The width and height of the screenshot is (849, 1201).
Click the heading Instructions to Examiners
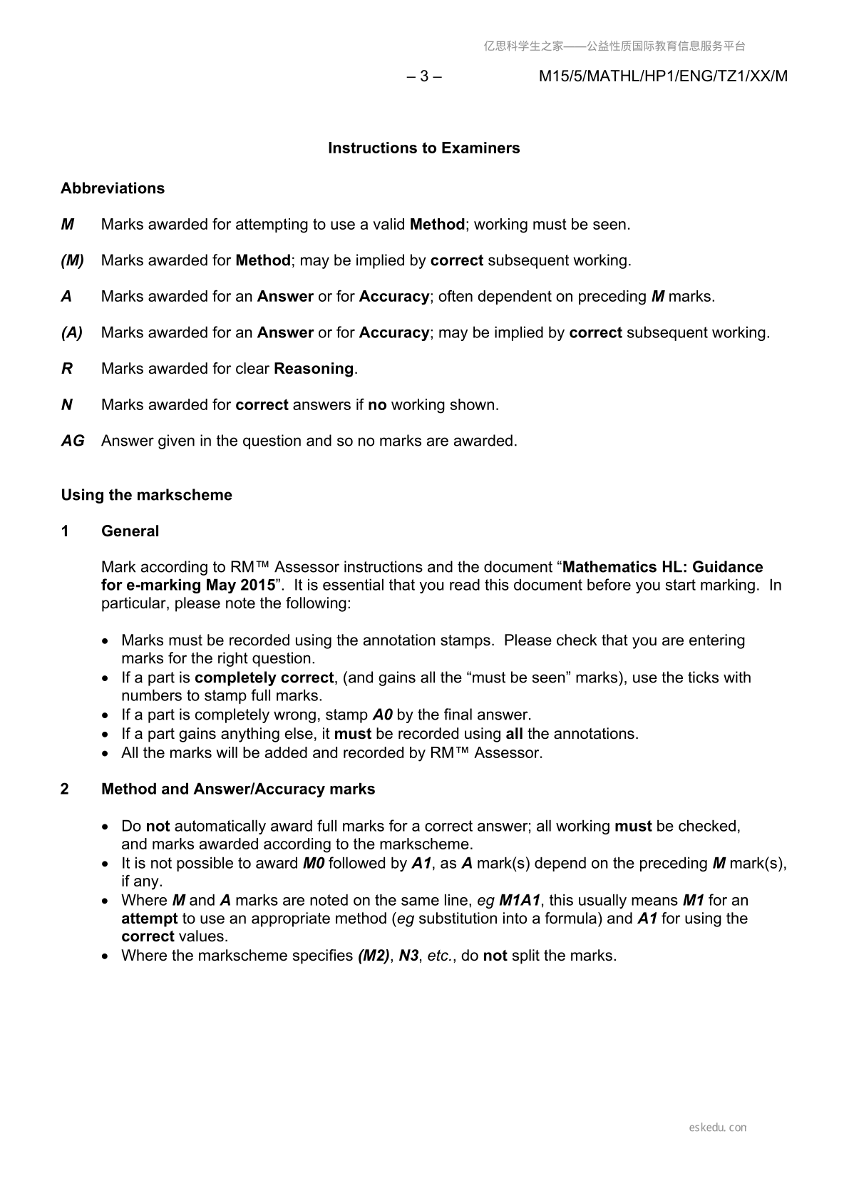click(423, 148)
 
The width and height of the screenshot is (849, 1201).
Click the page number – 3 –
click(423, 76)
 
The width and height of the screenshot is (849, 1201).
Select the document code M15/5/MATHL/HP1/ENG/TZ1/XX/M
click(663, 76)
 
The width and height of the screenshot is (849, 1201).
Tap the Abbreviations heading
click(113, 188)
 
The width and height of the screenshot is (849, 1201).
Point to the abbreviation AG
click(73, 441)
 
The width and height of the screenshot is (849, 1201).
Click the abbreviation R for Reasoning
click(67, 369)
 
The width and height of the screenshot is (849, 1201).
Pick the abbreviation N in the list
click(67, 405)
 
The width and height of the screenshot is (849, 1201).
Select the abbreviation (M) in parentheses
click(72, 260)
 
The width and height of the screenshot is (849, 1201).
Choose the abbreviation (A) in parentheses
click(71, 332)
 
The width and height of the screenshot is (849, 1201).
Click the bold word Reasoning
click(314, 369)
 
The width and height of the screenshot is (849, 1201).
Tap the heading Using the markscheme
click(146, 495)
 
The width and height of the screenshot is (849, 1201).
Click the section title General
click(130, 531)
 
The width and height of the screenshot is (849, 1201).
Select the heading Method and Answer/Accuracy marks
click(238, 789)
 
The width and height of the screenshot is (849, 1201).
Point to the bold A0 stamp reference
click(383, 715)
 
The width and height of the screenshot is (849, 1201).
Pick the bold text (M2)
click(374, 956)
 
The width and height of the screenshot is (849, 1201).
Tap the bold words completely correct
click(264, 678)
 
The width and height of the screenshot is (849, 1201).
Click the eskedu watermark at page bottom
click(718, 1128)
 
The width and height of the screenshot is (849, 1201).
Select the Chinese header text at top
click(614, 46)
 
